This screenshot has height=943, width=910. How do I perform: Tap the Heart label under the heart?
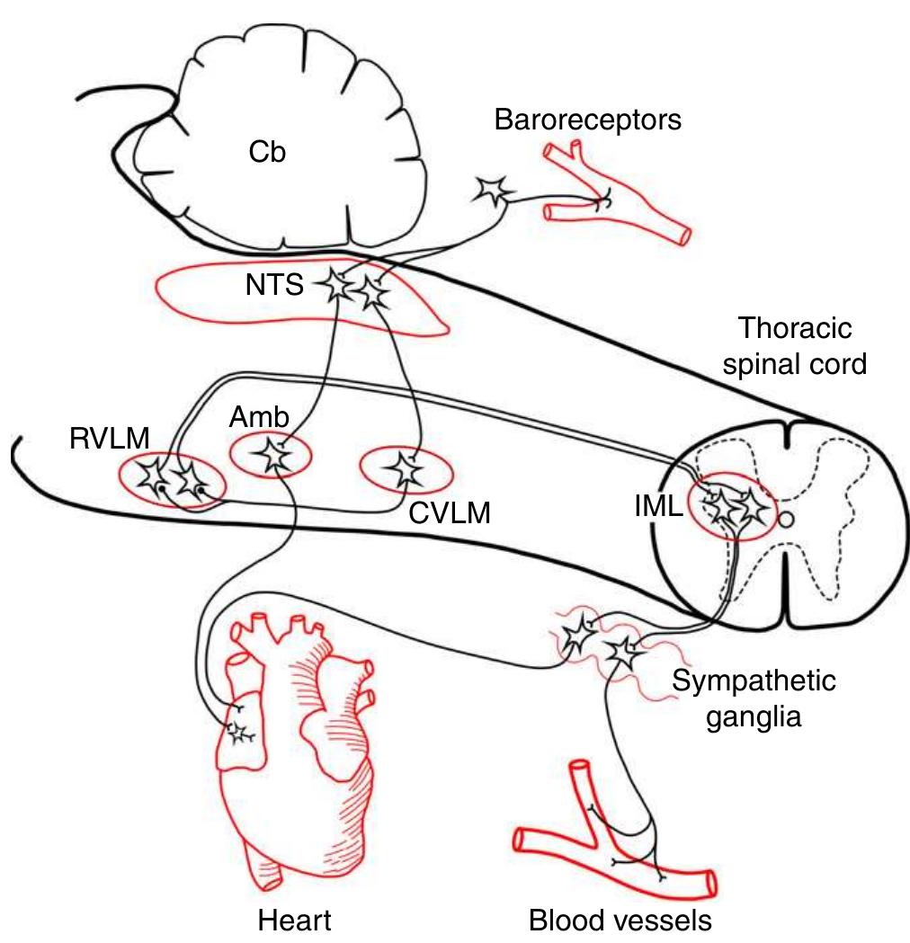click(x=294, y=921)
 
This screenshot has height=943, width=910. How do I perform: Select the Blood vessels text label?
click(x=620, y=921)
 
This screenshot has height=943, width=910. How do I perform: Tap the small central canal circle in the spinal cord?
click(x=785, y=519)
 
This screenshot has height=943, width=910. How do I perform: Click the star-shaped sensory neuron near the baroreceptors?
click(x=493, y=190)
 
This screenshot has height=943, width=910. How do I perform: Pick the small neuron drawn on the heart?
click(x=239, y=733)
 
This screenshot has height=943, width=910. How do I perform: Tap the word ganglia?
click(x=754, y=718)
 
